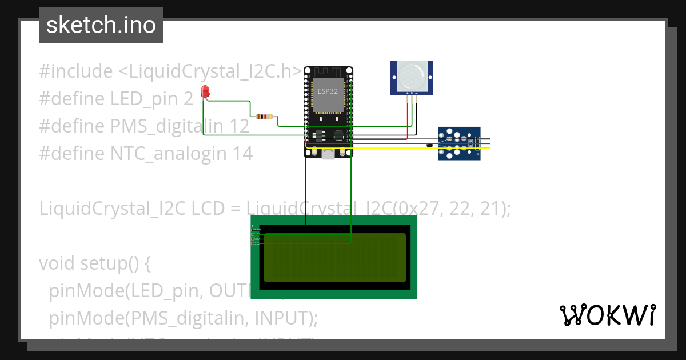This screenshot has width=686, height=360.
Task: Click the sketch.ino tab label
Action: point(101,25)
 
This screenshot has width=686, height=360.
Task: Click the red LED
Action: point(205,91)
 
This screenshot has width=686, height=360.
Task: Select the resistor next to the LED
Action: point(264,117)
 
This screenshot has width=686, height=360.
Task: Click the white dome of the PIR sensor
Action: point(411,74)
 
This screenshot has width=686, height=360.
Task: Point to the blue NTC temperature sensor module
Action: point(459,143)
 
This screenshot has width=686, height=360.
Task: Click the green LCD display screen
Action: point(334,257)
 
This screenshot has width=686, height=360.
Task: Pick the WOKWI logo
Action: point(607,315)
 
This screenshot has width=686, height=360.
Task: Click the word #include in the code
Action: point(76,71)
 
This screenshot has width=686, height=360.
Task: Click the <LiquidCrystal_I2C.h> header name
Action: point(210,71)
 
